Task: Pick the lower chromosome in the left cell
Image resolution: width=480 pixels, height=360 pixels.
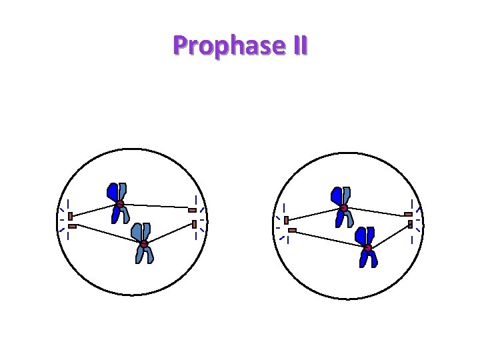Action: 143,243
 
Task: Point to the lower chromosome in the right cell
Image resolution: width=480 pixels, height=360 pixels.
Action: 367,247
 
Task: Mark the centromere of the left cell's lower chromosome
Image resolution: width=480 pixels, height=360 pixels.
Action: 143,245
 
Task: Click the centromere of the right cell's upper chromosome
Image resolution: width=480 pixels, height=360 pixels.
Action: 344,209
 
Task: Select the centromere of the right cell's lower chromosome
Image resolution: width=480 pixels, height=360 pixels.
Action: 367,249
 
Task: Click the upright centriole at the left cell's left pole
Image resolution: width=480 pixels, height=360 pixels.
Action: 70,216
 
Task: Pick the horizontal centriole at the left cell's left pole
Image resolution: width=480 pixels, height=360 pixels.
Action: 72,227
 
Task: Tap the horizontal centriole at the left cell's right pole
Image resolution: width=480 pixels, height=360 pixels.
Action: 192,210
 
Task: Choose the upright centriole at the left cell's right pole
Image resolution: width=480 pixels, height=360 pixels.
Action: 194,223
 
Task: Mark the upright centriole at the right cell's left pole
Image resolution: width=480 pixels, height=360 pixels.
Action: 286,220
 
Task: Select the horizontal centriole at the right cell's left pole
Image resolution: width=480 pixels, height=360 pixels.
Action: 292,231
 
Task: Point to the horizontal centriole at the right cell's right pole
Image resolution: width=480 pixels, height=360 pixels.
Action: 408,214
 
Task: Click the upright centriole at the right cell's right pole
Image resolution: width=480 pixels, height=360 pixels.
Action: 411,225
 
